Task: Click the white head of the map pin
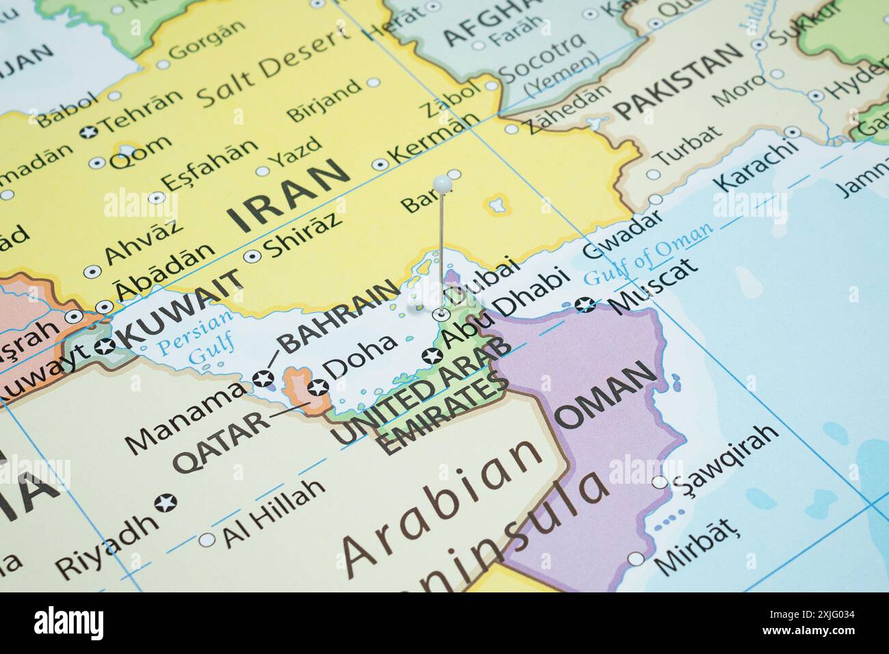442,183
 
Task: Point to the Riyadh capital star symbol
165,503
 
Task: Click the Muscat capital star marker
585,304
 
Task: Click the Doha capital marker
317,388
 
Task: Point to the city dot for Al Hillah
207,540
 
